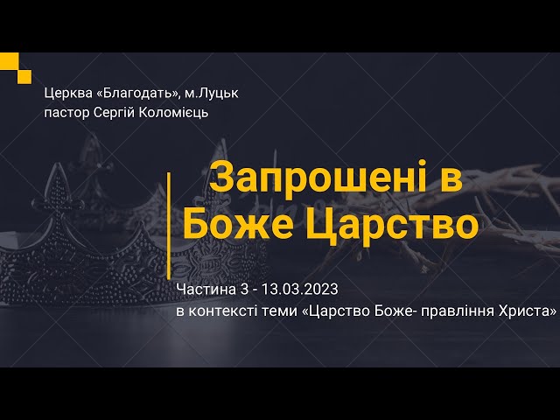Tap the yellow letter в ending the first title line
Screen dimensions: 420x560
450,178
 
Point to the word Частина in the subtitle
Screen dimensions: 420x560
202,289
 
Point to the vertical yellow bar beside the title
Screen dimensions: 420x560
168,213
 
